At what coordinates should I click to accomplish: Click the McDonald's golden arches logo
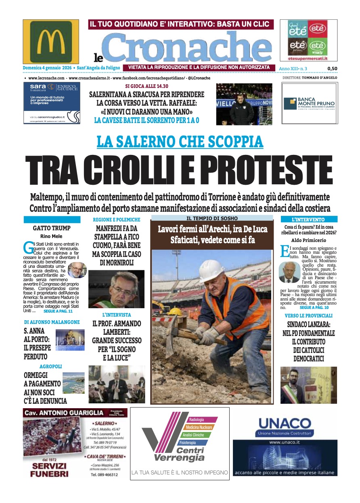[x=50, y=42]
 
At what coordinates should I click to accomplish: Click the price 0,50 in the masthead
[x=332, y=69]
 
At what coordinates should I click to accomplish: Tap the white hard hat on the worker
[x=211, y=271]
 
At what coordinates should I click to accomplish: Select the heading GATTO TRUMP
[x=52, y=228]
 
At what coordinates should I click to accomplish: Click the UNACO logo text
[x=285, y=423]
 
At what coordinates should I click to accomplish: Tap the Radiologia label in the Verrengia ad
[x=197, y=420]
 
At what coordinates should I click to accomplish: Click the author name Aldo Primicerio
[x=308, y=240]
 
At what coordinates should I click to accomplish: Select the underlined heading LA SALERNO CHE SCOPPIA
[x=180, y=141]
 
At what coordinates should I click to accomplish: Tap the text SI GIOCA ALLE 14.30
[x=147, y=86]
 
